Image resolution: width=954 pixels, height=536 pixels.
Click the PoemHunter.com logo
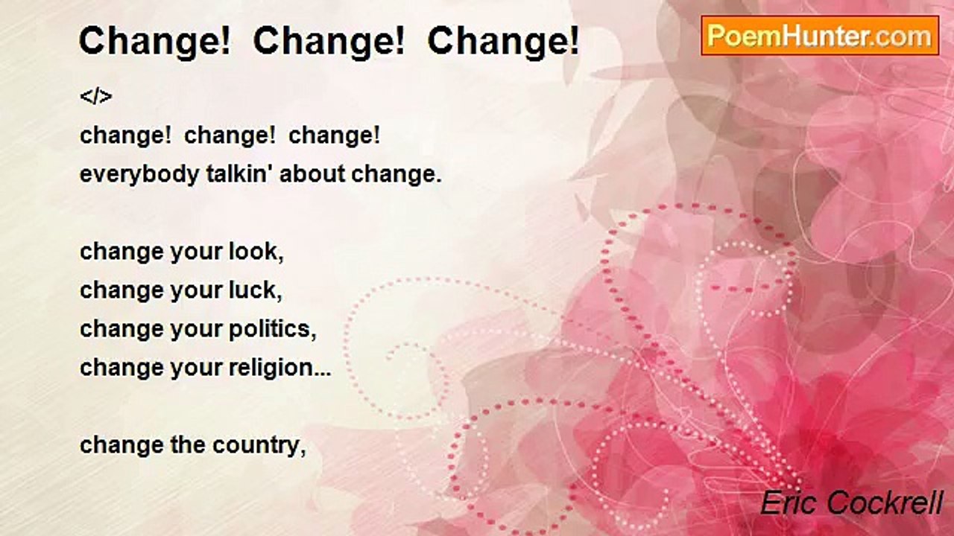(x=820, y=35)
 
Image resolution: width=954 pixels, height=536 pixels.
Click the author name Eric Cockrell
(x=851, y=503)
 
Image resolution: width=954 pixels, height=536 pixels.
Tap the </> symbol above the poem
(x=95, y=97)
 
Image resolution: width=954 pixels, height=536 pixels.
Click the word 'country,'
(x=259, y=445)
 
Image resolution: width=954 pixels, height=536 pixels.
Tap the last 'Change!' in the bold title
(x=503, y=42)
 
